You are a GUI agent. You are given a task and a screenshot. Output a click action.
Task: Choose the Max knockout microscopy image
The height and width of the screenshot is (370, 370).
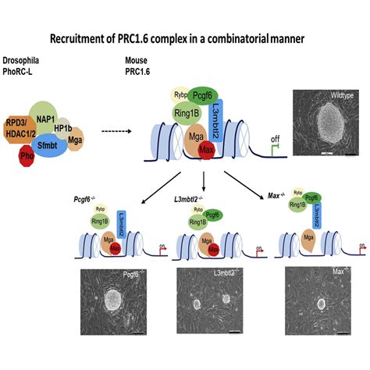pos(321,301)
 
